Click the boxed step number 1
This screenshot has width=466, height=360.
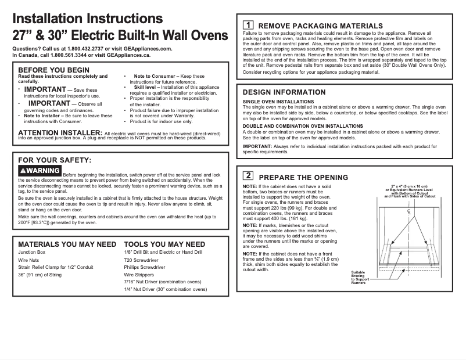click(247, 25)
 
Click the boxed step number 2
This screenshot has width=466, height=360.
click(247, 175)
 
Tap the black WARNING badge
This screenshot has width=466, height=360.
click(40, 171)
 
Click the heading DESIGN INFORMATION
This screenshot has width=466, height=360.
click(284, 92)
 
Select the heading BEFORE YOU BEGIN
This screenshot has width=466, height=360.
click(54, 70)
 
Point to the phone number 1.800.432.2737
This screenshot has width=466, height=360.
click(86, 49)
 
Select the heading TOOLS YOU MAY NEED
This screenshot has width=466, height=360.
click(164, 244)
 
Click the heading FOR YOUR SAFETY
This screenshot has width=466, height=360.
click(55, 160)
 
